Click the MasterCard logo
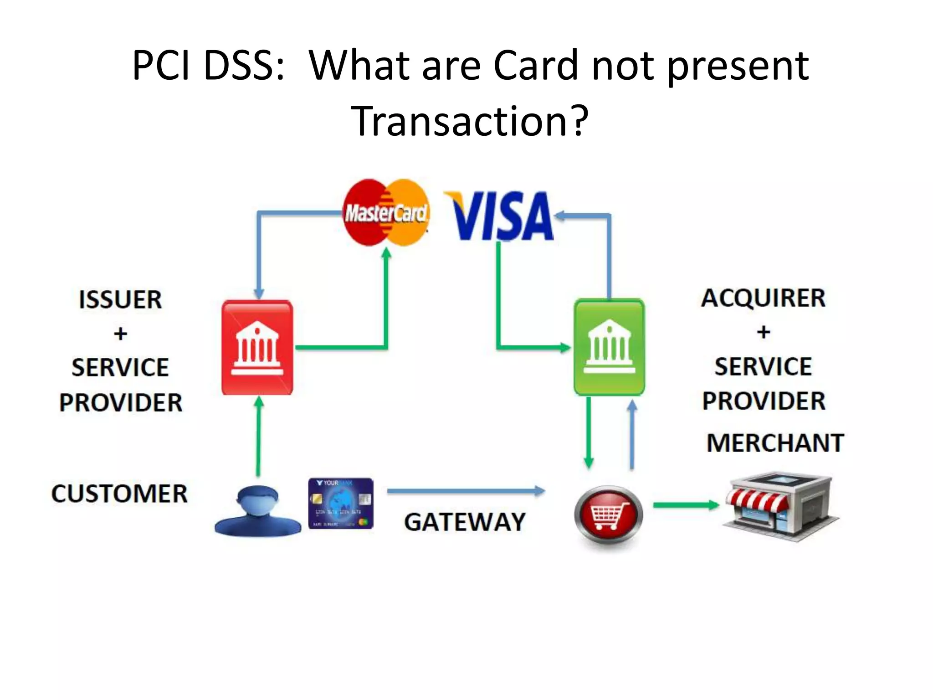(385, 212)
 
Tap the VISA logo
(500, 216)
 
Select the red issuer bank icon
(257, 347)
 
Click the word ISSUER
(120, 300)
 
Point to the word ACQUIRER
(763, 298)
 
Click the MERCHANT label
(775, 443)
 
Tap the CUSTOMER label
(119, 494)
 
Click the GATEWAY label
(465, 522)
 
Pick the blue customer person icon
(257, 511)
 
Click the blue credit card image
(341, 503)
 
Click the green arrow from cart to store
(686, 505)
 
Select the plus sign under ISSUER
(120, 334)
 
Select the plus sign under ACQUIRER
(764, 332)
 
